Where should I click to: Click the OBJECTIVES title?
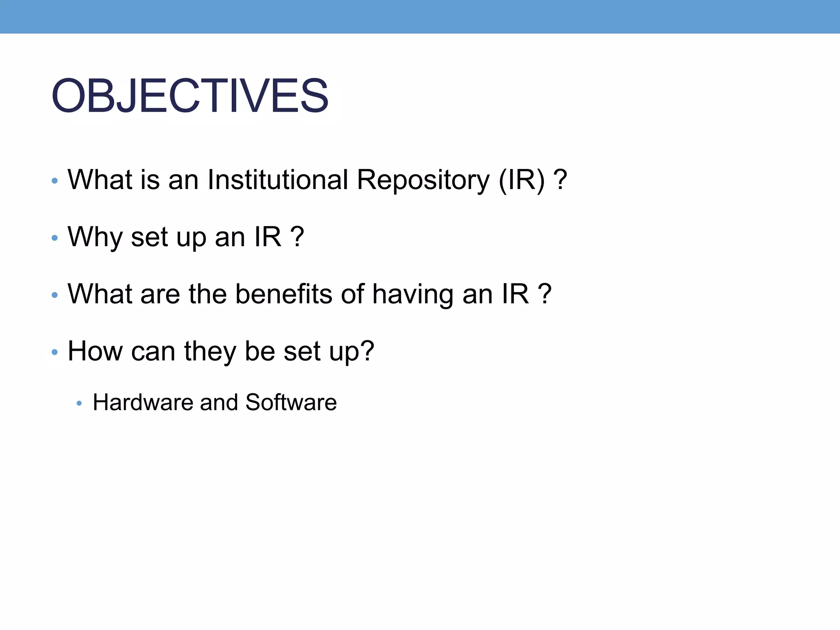click(x=189, y=96)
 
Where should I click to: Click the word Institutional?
click(x=278, y=180)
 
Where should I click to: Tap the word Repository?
click(x=423, y=180)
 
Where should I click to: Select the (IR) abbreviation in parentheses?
click(x=522, y=180)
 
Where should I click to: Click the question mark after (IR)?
click(x=560, y=180)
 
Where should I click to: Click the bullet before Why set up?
click(x=55, y=238)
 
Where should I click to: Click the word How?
click(x=95, y=351)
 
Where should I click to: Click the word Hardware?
click(x=142, y=402)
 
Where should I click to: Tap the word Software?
click(x=291, y=402)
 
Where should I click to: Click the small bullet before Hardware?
click(x=80, y=404)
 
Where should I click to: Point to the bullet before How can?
click(x=55, y=352)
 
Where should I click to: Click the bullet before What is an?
click(x=55, y=181)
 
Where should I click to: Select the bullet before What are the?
click(x=55, y=295)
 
